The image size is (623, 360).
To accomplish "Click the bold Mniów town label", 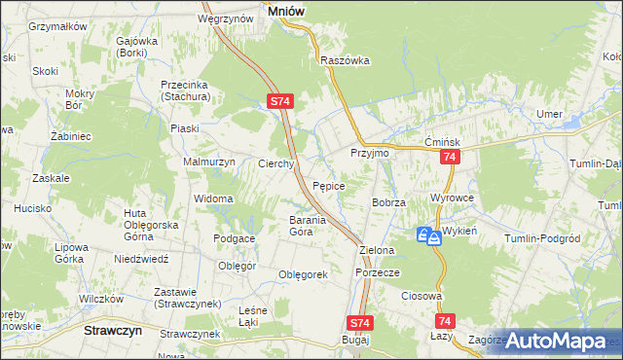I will (285, 10).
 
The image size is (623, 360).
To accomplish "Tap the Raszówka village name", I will (346, 59).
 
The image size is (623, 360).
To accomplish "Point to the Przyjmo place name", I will (370, 154).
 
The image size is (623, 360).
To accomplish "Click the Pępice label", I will (327, 185).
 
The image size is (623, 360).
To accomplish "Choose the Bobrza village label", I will (387, 201).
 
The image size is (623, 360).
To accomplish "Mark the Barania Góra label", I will (286, 226).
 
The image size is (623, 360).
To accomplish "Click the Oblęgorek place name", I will (303, 274).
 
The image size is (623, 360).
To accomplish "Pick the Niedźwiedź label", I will (142, 260).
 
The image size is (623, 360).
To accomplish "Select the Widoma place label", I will (213, 198).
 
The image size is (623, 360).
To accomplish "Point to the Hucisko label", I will (32, 208).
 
